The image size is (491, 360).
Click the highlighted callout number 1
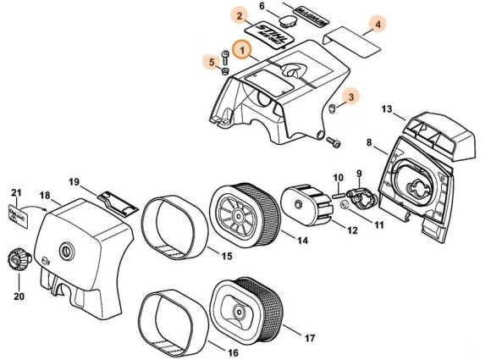pyautogui.click(x=244, y=52)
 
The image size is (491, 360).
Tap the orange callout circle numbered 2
pyautogui.click(x=240, y=17)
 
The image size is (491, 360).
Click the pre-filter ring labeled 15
pyautogui.click(x=174, y=226)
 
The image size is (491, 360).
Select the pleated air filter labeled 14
pyautogui.click(x=242, y=217)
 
